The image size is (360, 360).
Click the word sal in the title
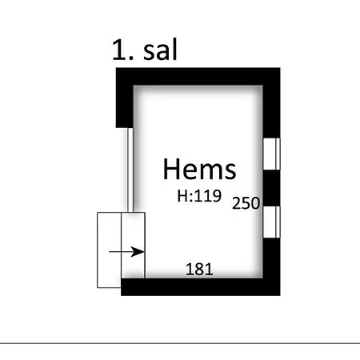pos(160,50)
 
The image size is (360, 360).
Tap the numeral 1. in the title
pos(123,50)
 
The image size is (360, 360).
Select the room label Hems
pos(199,169)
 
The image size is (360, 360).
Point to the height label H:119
pos(199,196)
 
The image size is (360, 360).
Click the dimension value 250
pos(246,203)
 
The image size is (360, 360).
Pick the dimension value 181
pos(199,269)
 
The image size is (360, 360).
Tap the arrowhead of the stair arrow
pos(138,251)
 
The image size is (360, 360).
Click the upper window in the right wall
pos(271,154)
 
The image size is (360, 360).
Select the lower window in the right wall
pos(271,222)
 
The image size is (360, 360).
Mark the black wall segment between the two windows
pos(271,188)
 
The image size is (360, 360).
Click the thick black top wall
pos(198,77)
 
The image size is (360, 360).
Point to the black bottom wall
pos(201,287)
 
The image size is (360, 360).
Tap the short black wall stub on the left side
pos(125,106)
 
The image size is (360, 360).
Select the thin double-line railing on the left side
pos(130,170)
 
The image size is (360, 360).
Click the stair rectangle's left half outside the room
pos(110,250)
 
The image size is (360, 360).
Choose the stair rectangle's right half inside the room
pos(134,246)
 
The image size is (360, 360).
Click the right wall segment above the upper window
pos(271,112)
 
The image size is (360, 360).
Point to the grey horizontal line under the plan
pos(180,343)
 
